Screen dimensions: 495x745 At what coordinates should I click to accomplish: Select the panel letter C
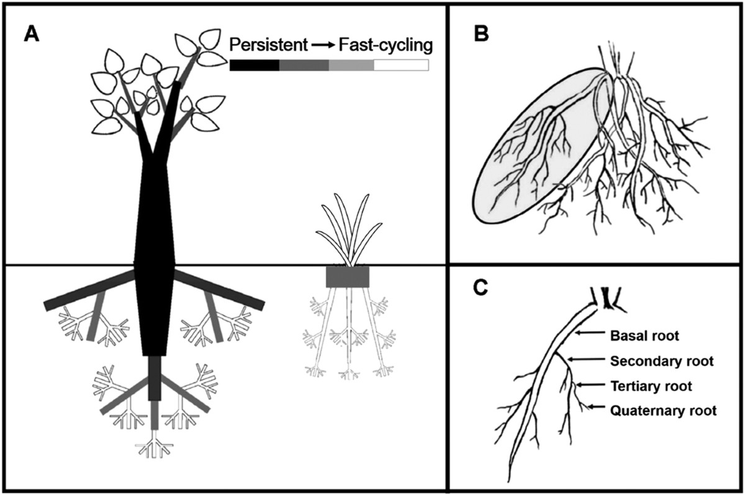pyautogui.click(x=482, y=289)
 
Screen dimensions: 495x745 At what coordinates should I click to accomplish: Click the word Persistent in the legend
pyautogui.click(x=268, y=45)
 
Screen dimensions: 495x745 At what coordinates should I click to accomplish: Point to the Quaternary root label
pyautogui.click(x=664, y=410)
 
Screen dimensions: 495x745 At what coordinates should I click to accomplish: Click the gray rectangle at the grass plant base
pyautogui.click(x=348, y=277)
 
